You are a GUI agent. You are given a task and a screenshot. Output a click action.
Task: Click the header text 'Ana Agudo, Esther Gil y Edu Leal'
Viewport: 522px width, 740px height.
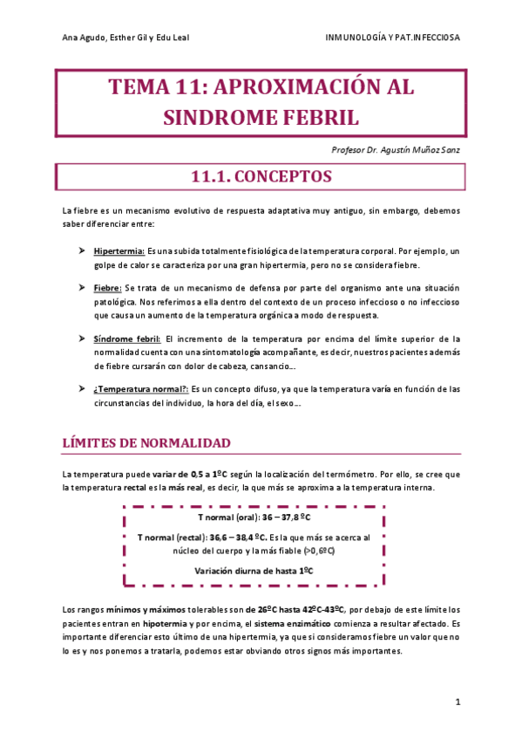[x=126, y=38]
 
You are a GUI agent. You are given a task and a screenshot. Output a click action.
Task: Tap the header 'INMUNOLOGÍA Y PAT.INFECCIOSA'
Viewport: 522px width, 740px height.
[x=392, y=38]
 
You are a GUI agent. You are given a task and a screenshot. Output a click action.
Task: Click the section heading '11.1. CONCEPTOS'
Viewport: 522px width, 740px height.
[x=261, y=176]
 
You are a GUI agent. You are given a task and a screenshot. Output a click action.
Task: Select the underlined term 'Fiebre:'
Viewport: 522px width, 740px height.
[x=108, y=288]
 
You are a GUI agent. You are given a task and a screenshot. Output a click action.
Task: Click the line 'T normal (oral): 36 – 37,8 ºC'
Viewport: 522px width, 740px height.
[x=260, y=517]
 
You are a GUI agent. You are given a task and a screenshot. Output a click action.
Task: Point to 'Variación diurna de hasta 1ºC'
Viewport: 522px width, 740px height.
[x=260, y=571]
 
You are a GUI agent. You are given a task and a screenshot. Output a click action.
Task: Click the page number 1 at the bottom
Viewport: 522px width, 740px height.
[x=458, y=701]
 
